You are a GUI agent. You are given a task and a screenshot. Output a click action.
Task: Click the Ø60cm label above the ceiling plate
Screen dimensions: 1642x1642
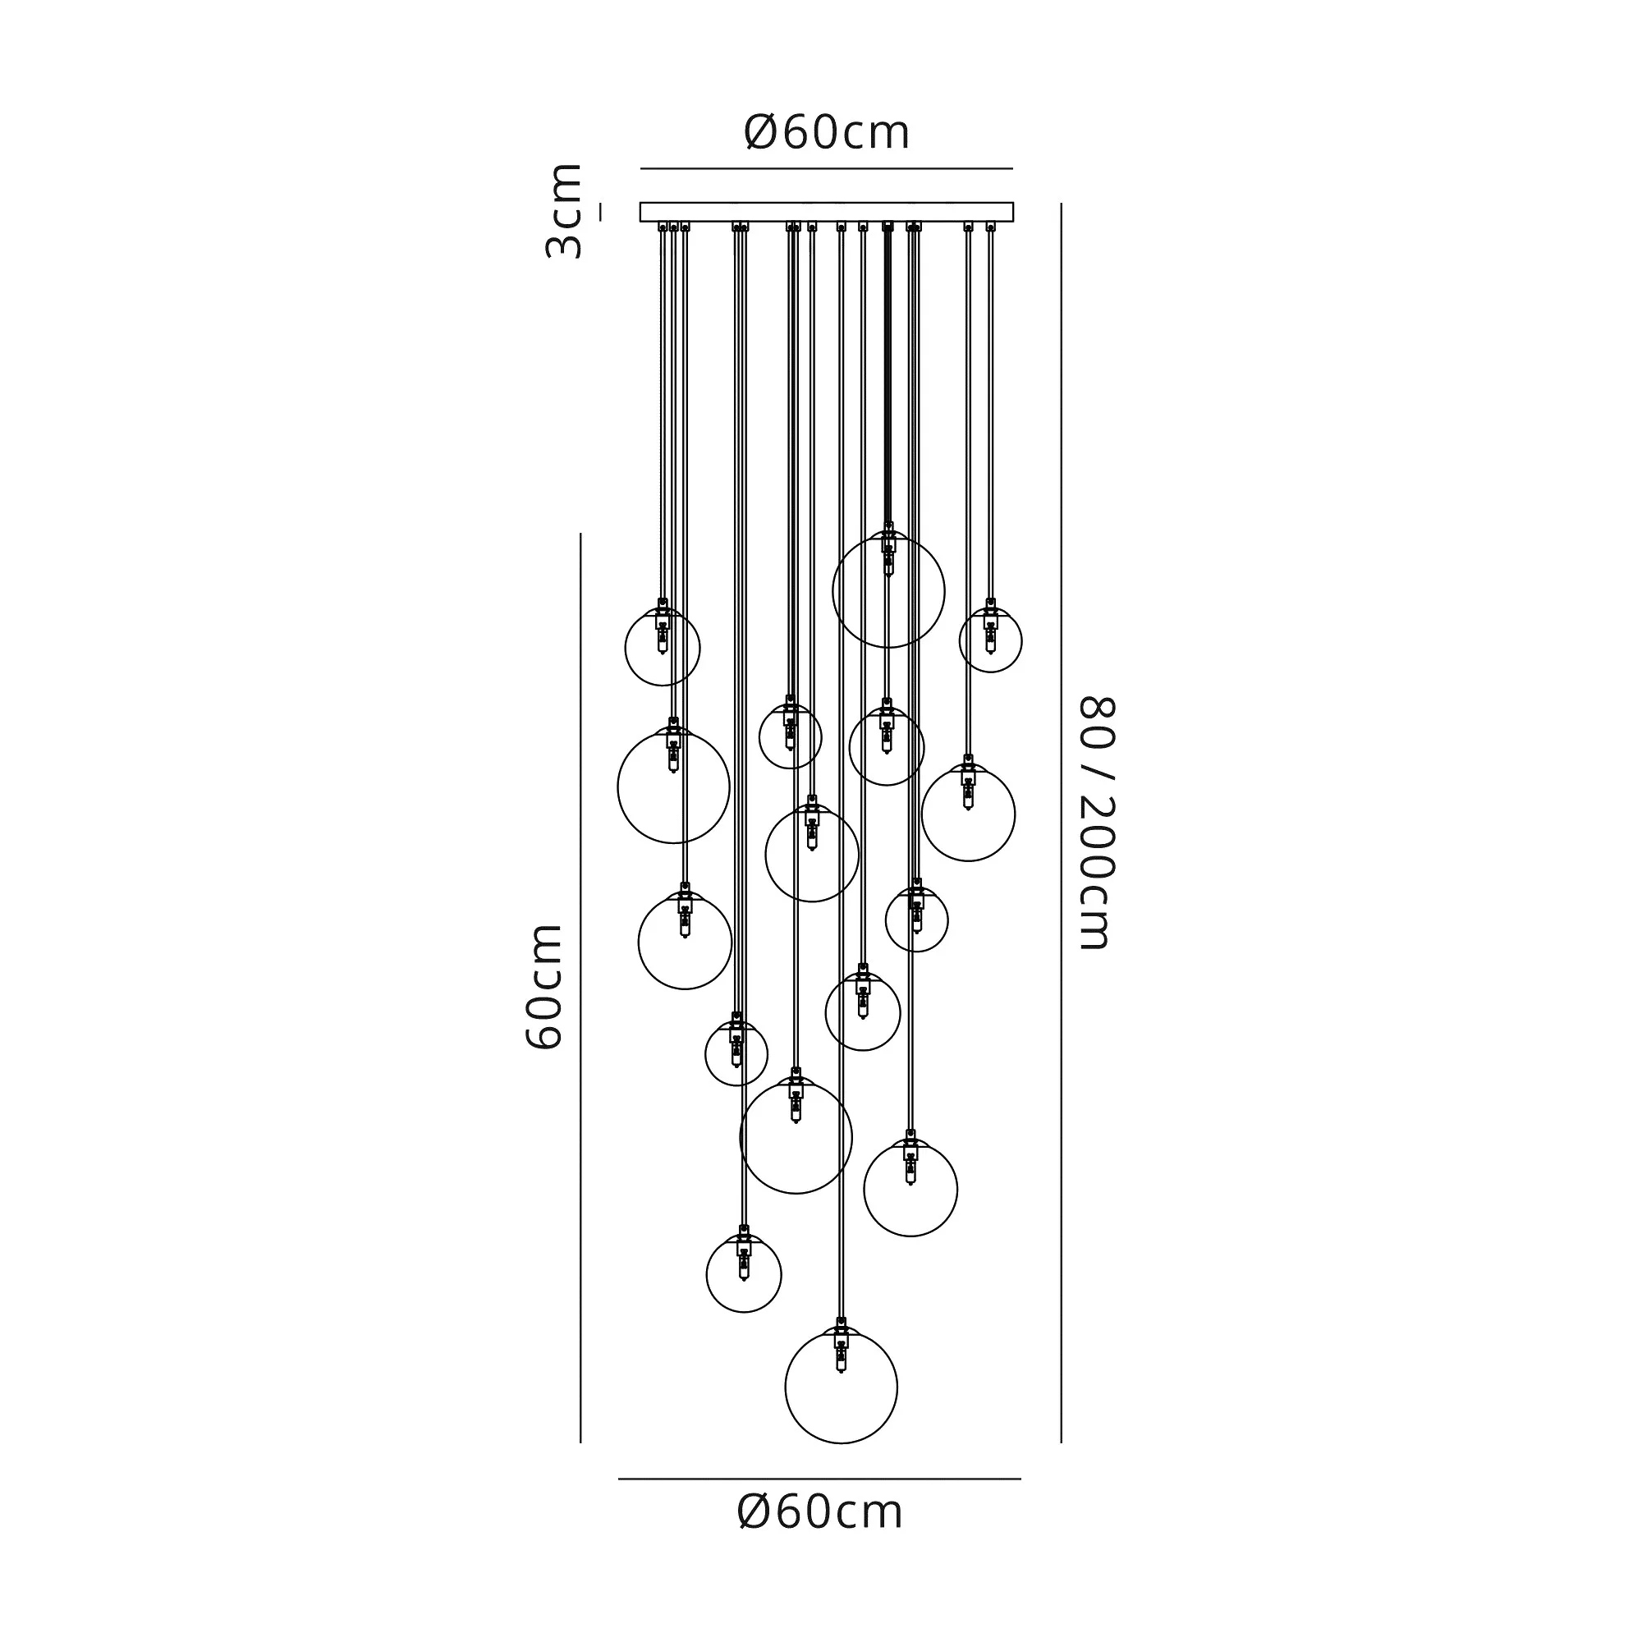[826, 132]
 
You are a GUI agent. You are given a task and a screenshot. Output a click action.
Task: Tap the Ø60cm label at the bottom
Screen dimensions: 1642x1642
[820, 1513]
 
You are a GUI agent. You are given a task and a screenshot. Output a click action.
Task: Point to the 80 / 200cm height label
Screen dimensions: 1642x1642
[1096, 823]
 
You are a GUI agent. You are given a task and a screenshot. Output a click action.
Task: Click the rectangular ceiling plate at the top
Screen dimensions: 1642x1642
[826, 212]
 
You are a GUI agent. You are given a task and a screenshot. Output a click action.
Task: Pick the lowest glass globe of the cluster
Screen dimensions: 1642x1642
[841, 1387]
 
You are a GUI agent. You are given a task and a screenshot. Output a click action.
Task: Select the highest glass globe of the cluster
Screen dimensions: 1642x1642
[888, 591]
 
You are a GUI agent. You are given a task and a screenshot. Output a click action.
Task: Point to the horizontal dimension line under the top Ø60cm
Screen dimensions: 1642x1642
[826, 169]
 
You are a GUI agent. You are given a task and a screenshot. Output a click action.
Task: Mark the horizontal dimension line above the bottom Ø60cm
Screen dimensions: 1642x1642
[819, 1479]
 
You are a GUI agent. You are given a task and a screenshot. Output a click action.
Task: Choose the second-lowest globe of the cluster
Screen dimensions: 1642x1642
[744, 1275]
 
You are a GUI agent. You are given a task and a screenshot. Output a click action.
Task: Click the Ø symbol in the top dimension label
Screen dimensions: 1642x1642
[763, 132]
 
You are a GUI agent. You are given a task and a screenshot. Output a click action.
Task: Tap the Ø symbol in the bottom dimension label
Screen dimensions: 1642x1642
[755, 1513]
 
